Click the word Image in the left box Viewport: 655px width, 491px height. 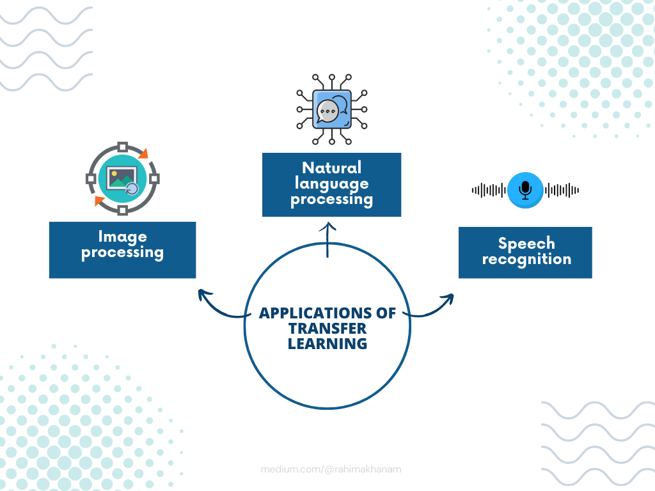[122, 237]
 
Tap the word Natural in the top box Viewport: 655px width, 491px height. [331, 168]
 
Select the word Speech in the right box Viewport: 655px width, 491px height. [526, 244]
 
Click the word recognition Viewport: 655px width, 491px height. [526, 260]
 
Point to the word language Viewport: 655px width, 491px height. [331, 183]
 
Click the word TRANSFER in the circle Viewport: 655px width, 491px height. [327, 329]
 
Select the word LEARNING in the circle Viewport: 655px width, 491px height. [327, 344]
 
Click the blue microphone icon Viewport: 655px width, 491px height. [525, 189]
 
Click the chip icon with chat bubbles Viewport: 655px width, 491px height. [331, 109]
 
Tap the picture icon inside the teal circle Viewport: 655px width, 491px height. [122, 179]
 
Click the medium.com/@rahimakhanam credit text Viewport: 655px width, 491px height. [331, 469]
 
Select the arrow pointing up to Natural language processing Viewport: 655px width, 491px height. [327, 240]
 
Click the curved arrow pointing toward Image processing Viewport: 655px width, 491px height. [221, 306]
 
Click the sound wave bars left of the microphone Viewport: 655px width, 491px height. [489, 190]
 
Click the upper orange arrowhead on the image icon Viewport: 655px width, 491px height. [143, 154]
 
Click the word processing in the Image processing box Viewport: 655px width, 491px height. [122, 253]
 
